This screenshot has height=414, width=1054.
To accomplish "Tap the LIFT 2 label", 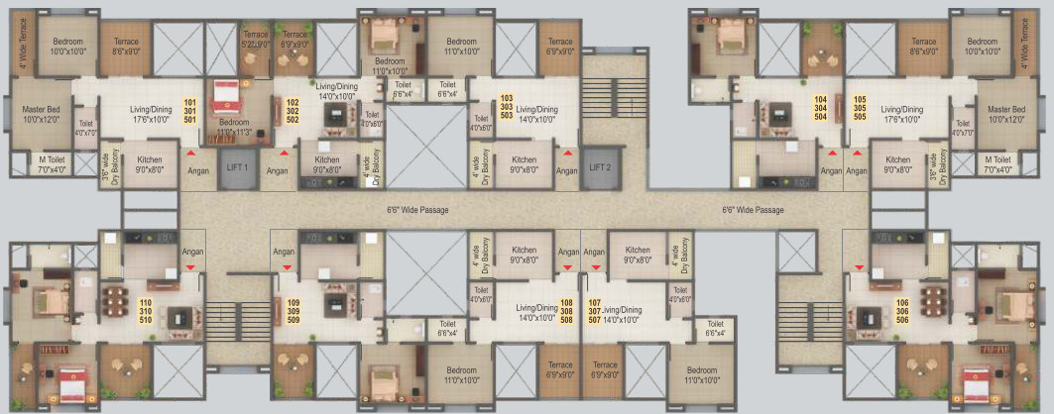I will pos(600,167).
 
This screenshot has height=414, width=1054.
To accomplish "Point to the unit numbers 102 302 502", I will pos(293,110).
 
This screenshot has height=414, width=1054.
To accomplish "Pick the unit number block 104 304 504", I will pos(820,108).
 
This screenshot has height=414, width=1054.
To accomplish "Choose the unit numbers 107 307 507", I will pos(595,312).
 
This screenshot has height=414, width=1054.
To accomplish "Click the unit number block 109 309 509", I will pos(293,312).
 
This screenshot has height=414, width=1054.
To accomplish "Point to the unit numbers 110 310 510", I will pos(146,312).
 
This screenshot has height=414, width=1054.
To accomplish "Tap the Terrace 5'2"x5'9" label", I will pos(255,40).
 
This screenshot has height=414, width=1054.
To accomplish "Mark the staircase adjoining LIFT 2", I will pos(598,98).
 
